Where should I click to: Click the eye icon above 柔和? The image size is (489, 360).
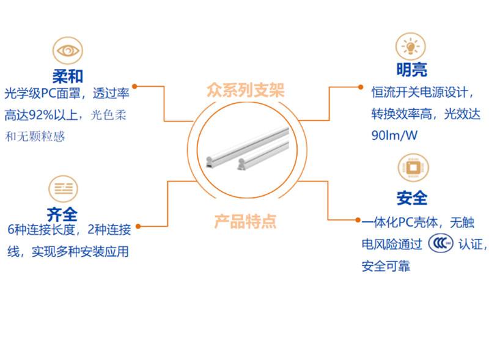[68, 50]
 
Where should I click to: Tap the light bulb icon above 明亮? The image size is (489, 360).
[411, 46]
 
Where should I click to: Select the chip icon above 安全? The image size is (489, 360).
[413, 167]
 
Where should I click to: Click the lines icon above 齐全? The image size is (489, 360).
[64, 189]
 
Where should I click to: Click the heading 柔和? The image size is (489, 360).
[68, 76]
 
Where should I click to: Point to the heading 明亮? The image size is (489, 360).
[411, 70]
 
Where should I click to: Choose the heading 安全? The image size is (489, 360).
[412, 198]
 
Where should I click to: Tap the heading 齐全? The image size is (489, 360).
[62, 215]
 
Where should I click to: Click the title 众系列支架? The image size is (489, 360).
[246, 90]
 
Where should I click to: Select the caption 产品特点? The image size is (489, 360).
[246, 222]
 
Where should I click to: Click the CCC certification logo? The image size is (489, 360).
[440, 243]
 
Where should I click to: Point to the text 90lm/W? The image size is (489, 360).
[394, 136]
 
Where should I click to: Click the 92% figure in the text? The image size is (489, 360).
[41, 115]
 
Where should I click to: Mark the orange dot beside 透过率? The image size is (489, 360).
[134, 86]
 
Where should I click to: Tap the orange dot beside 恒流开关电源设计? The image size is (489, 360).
[361, 87]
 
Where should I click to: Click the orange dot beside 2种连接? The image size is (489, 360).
[138, 226]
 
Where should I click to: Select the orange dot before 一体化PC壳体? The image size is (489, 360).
[358, 220]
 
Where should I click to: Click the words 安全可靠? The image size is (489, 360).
[386, 266]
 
